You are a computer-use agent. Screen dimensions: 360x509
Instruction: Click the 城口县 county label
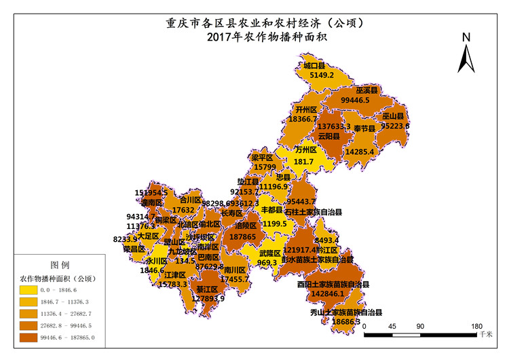coord(316,66)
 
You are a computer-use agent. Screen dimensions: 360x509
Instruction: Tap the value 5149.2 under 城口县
coord(322,75)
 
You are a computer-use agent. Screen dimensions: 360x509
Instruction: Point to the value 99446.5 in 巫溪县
coord(355,100)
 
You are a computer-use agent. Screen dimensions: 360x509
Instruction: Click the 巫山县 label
coord(393,116)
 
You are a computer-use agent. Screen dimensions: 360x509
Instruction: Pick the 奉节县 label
coord(364,128)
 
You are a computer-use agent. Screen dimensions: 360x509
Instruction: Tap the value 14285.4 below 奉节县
coord(360,151)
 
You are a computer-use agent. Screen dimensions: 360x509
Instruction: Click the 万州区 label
coord(306,150)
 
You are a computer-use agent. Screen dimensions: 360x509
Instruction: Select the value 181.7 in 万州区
coord(303,162)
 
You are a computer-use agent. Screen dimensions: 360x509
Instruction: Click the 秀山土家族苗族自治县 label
coord(346,312)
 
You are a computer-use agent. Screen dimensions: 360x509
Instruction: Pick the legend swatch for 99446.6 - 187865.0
coord(31,336)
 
